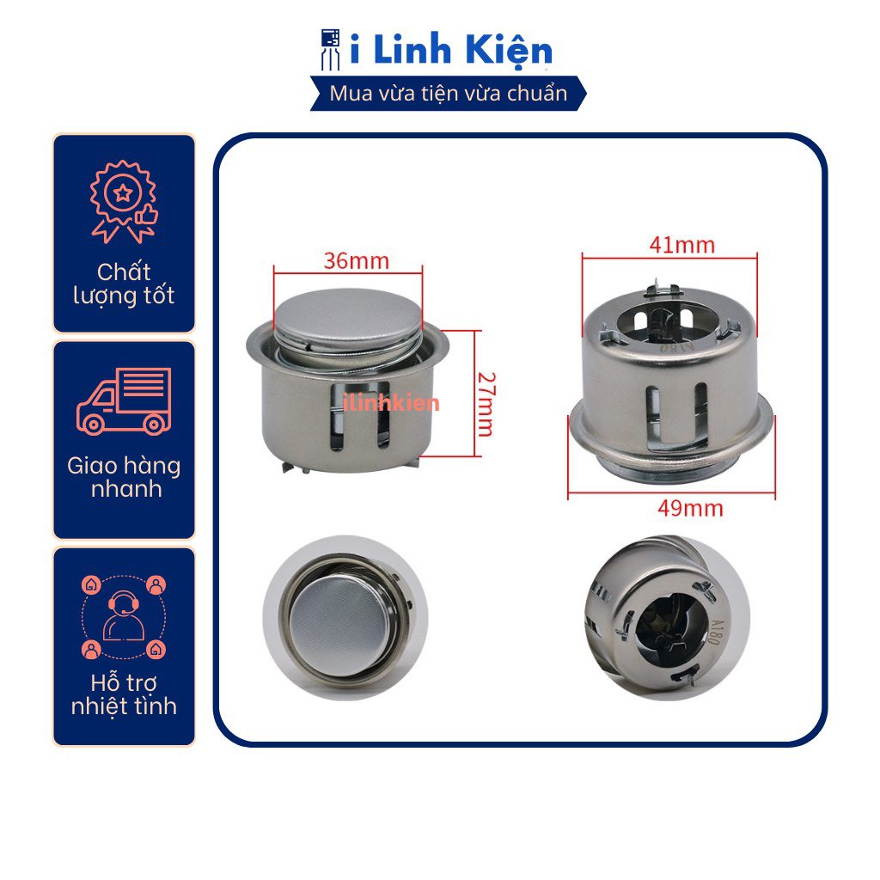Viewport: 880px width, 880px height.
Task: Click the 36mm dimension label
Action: click(x=357, y=261)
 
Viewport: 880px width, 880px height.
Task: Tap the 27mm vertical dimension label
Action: click(x=485, y=404)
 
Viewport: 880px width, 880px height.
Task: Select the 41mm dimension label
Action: click(x=681, y=245)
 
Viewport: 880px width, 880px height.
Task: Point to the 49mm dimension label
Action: click(x=690, y=509)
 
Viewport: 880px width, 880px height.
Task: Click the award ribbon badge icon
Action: click(x=124, y=202)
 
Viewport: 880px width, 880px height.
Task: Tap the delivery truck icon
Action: click(x=124, y=401)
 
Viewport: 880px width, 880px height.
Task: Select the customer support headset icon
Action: click(x=124, y=617)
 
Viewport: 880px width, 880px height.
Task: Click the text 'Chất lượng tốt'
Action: click(x=124, y=284)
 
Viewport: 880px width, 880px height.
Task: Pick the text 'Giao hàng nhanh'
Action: click(x=124, y=478)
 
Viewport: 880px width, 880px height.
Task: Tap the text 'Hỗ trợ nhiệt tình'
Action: click(x=124, y=694)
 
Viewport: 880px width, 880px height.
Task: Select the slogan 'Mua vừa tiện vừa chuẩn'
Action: click(x=448, y=93)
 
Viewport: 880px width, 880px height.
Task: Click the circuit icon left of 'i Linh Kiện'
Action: click(x=331, y=50)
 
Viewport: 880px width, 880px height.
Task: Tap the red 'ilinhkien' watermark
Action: click(x=392, y=402)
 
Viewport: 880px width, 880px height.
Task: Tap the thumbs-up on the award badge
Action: click(x=147, y=214)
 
